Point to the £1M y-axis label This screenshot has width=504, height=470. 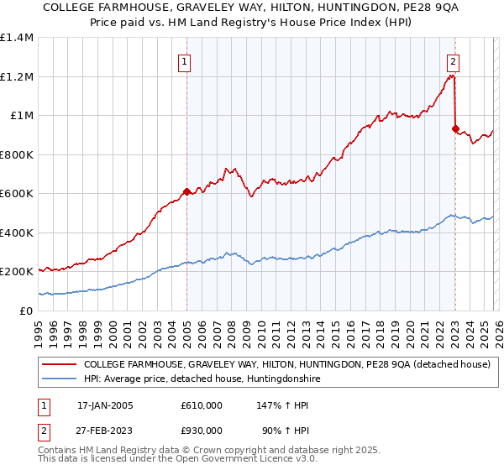tap(22, 116)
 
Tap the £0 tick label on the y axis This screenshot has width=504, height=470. tap(27, 311)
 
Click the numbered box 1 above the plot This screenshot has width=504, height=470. tap(183, 60)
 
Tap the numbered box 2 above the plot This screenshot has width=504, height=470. tap(453, 60)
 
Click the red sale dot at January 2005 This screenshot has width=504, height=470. tap(186, 191)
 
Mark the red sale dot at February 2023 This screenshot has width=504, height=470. tap(455, 129)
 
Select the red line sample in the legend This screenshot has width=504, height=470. tap(59, 365)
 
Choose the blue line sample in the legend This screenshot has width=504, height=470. tap(59, 379)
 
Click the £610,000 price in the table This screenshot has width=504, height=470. tap(202, 405)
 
